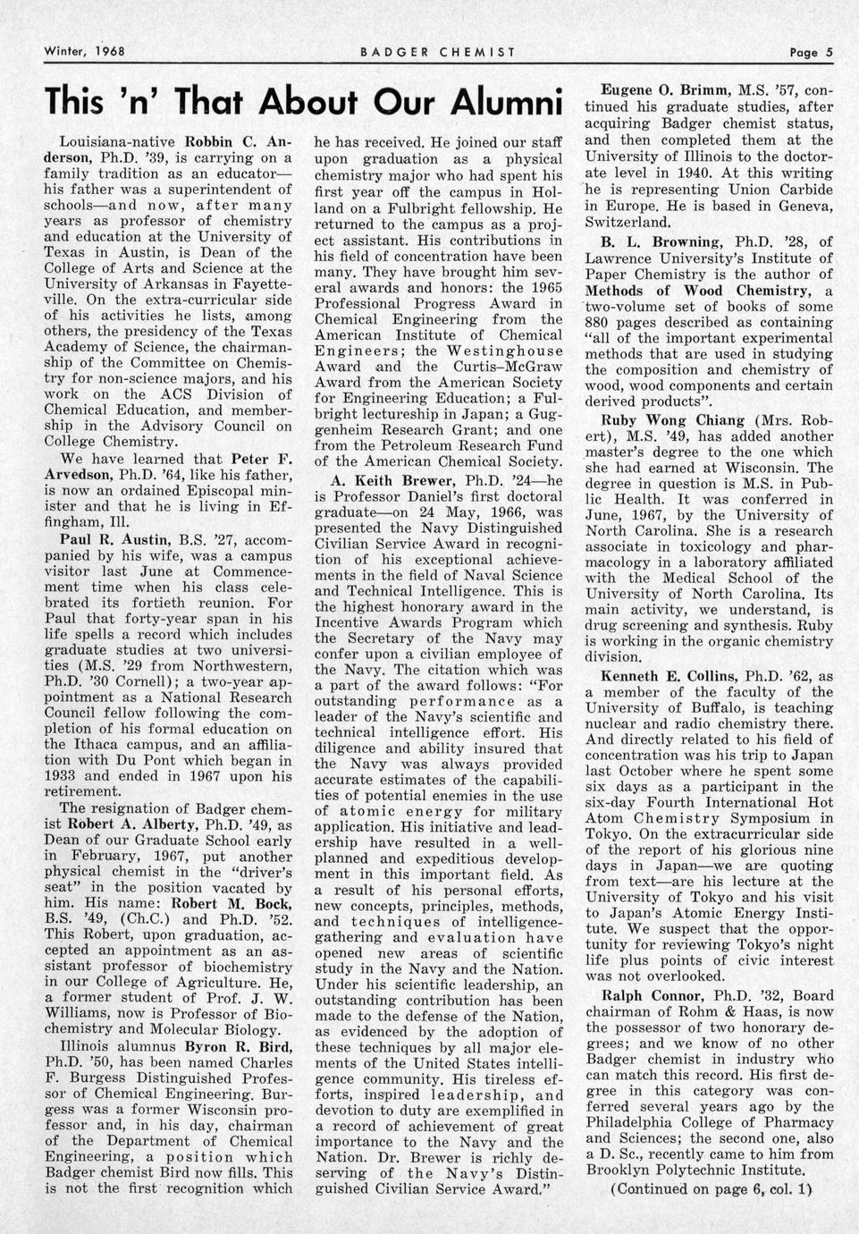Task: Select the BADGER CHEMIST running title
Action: coord(437,52)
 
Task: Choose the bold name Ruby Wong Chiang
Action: coord(673,419)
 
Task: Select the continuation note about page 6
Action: coord(711,1189)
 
